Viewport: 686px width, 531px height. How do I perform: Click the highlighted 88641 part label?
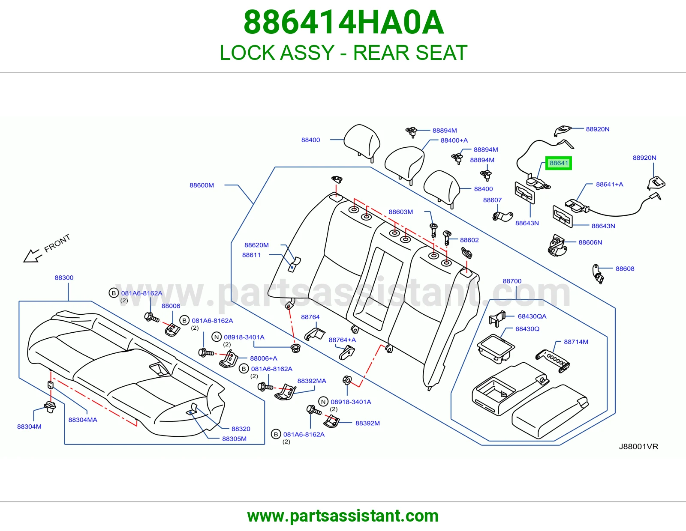559,163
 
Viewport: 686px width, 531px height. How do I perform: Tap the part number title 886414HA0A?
343,22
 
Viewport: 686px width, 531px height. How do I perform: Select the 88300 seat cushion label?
64,277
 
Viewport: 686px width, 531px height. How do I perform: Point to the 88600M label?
202,185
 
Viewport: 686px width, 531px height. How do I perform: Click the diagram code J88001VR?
638,447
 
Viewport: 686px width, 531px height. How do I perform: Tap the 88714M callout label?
576,342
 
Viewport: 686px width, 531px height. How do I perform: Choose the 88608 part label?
625,268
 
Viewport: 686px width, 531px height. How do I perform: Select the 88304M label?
29,427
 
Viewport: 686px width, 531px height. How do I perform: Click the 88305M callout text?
234,439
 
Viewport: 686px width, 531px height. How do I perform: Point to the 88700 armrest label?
512,281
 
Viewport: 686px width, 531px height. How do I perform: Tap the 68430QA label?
532,316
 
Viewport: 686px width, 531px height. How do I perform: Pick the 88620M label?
257,245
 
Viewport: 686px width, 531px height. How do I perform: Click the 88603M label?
400,212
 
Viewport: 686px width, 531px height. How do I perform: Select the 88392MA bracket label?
312,381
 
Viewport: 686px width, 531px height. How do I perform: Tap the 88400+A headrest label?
454,140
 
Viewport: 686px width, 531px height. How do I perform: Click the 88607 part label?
492,200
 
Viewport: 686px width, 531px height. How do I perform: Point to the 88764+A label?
342,340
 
